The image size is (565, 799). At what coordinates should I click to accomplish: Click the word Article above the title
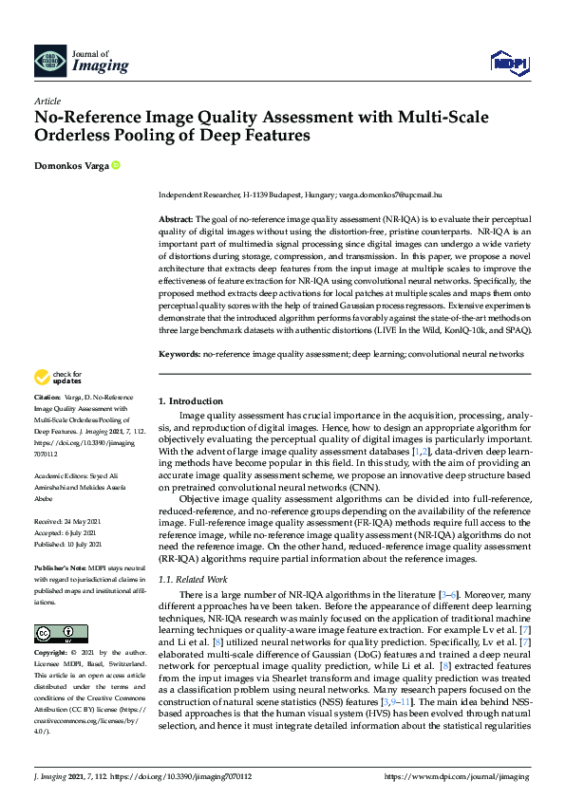[47, 101]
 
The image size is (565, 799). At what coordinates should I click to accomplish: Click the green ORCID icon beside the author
[116, 165]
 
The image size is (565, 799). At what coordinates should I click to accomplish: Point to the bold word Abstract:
[176, 218]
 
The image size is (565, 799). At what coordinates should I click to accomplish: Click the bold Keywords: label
[179, 353]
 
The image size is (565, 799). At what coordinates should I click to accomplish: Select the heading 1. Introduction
[191, 401]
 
